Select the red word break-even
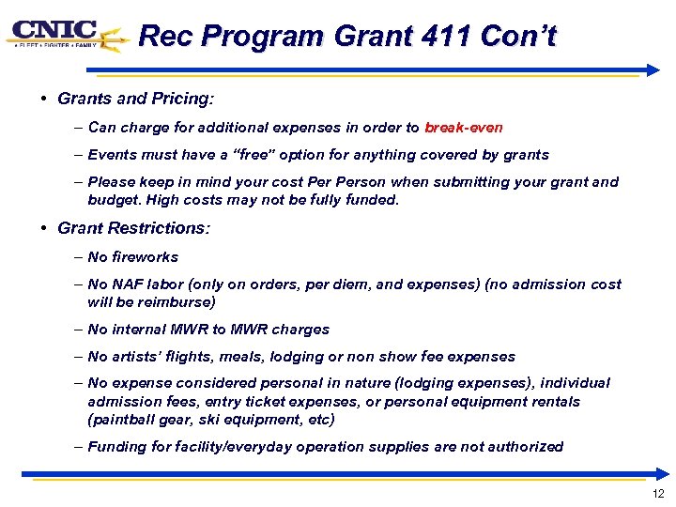464,128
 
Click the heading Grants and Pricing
135,99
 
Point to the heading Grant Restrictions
134,228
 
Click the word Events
111,155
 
